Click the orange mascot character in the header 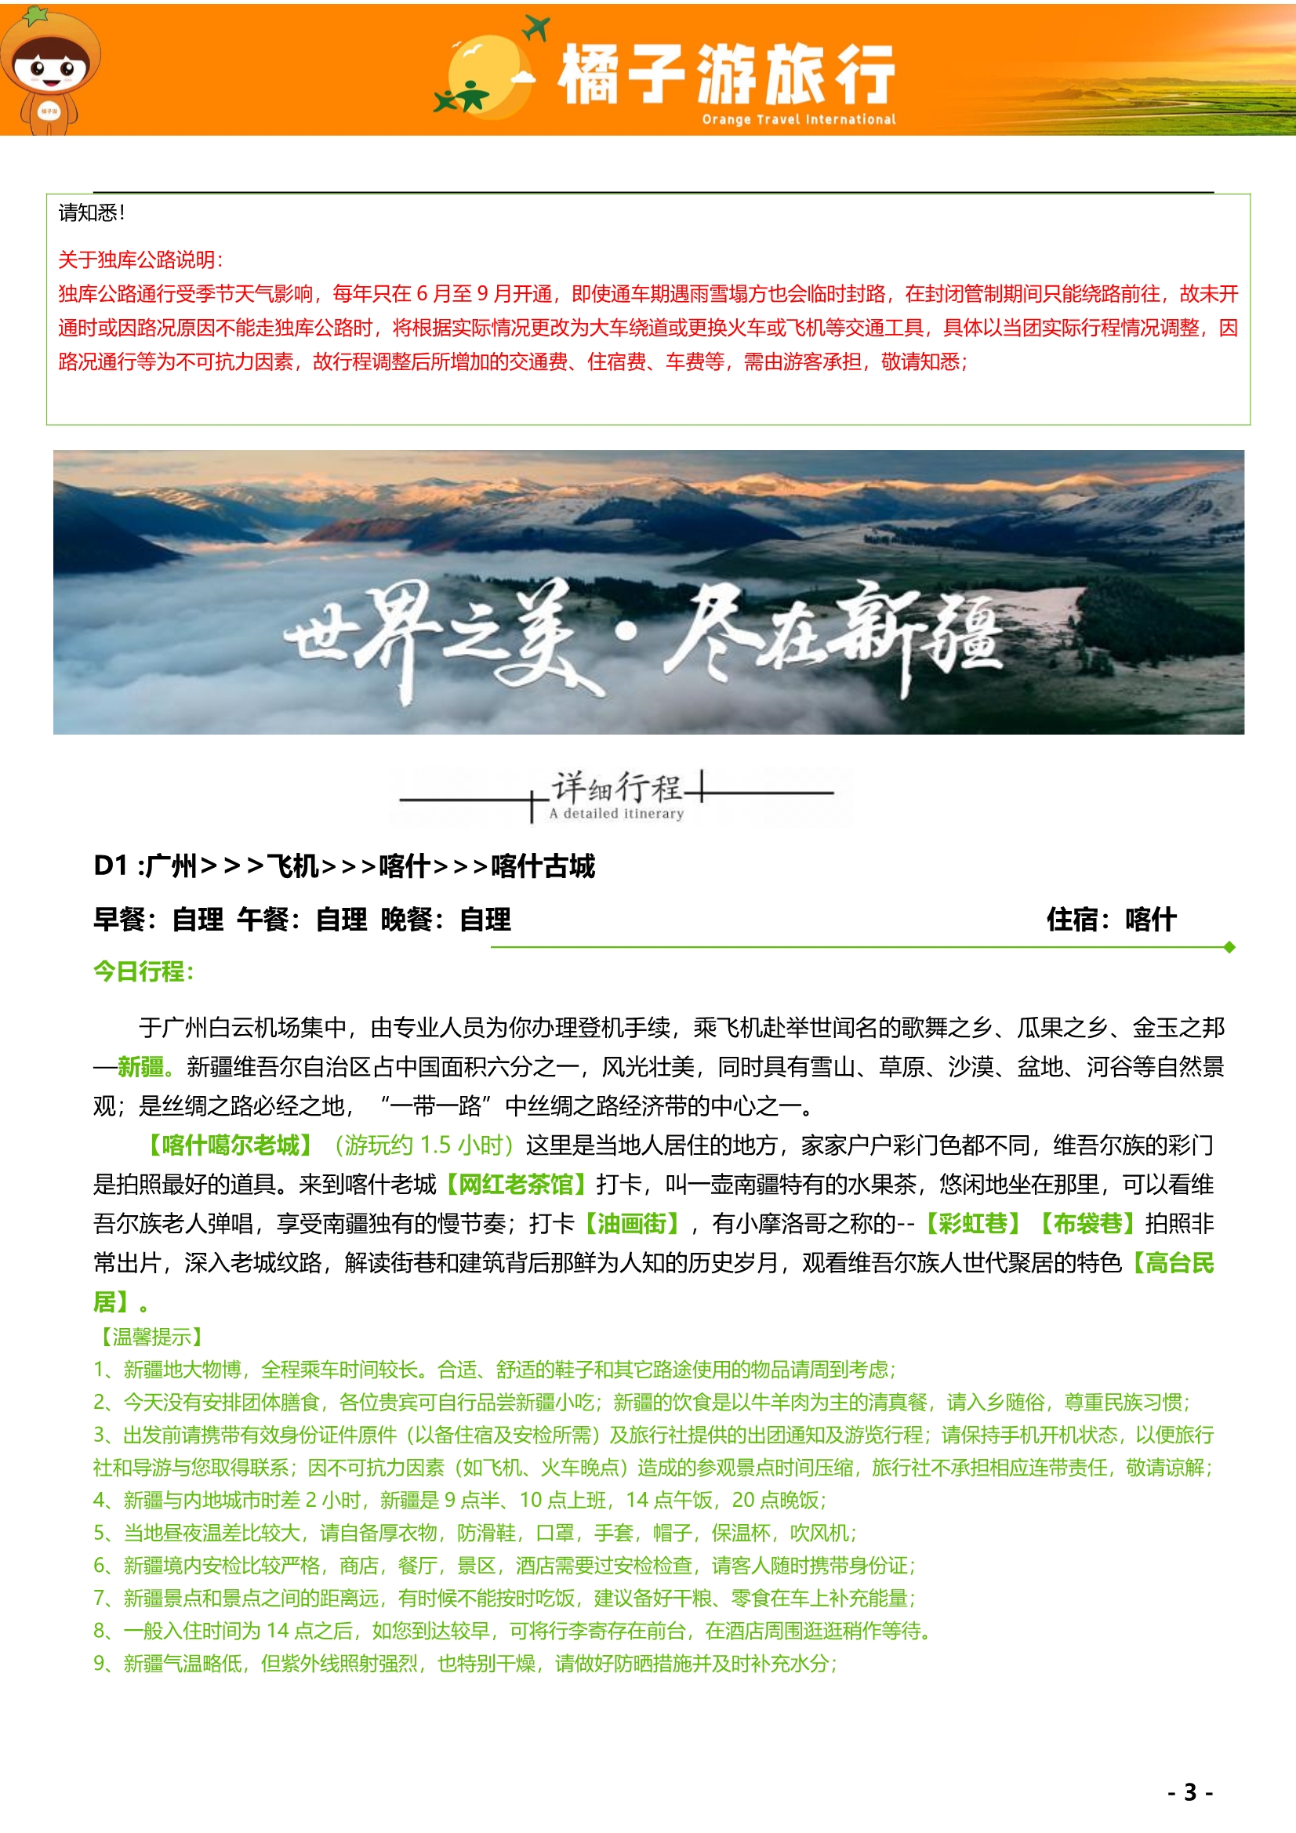[49, 72]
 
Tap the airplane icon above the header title [535, 28]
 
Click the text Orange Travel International [797, 120]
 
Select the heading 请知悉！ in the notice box [91, 213]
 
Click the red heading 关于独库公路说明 [140, 260]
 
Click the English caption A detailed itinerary [615, 814]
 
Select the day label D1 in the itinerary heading [111, 866]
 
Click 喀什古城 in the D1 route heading [543, 866]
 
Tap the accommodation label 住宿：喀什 [1111, 919]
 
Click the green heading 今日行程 [143, 971]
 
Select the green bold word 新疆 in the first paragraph [140, 1066]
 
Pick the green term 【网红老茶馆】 [516, 1184]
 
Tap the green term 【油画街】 [632, 1223]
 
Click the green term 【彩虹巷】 [973, 1223]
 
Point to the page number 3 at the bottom [1190, 1792]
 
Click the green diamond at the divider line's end [1229, 947]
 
